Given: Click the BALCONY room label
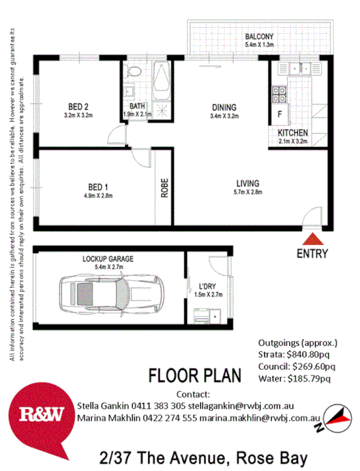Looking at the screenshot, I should pos(260,36).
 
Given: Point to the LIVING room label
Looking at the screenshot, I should pos(248,183).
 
